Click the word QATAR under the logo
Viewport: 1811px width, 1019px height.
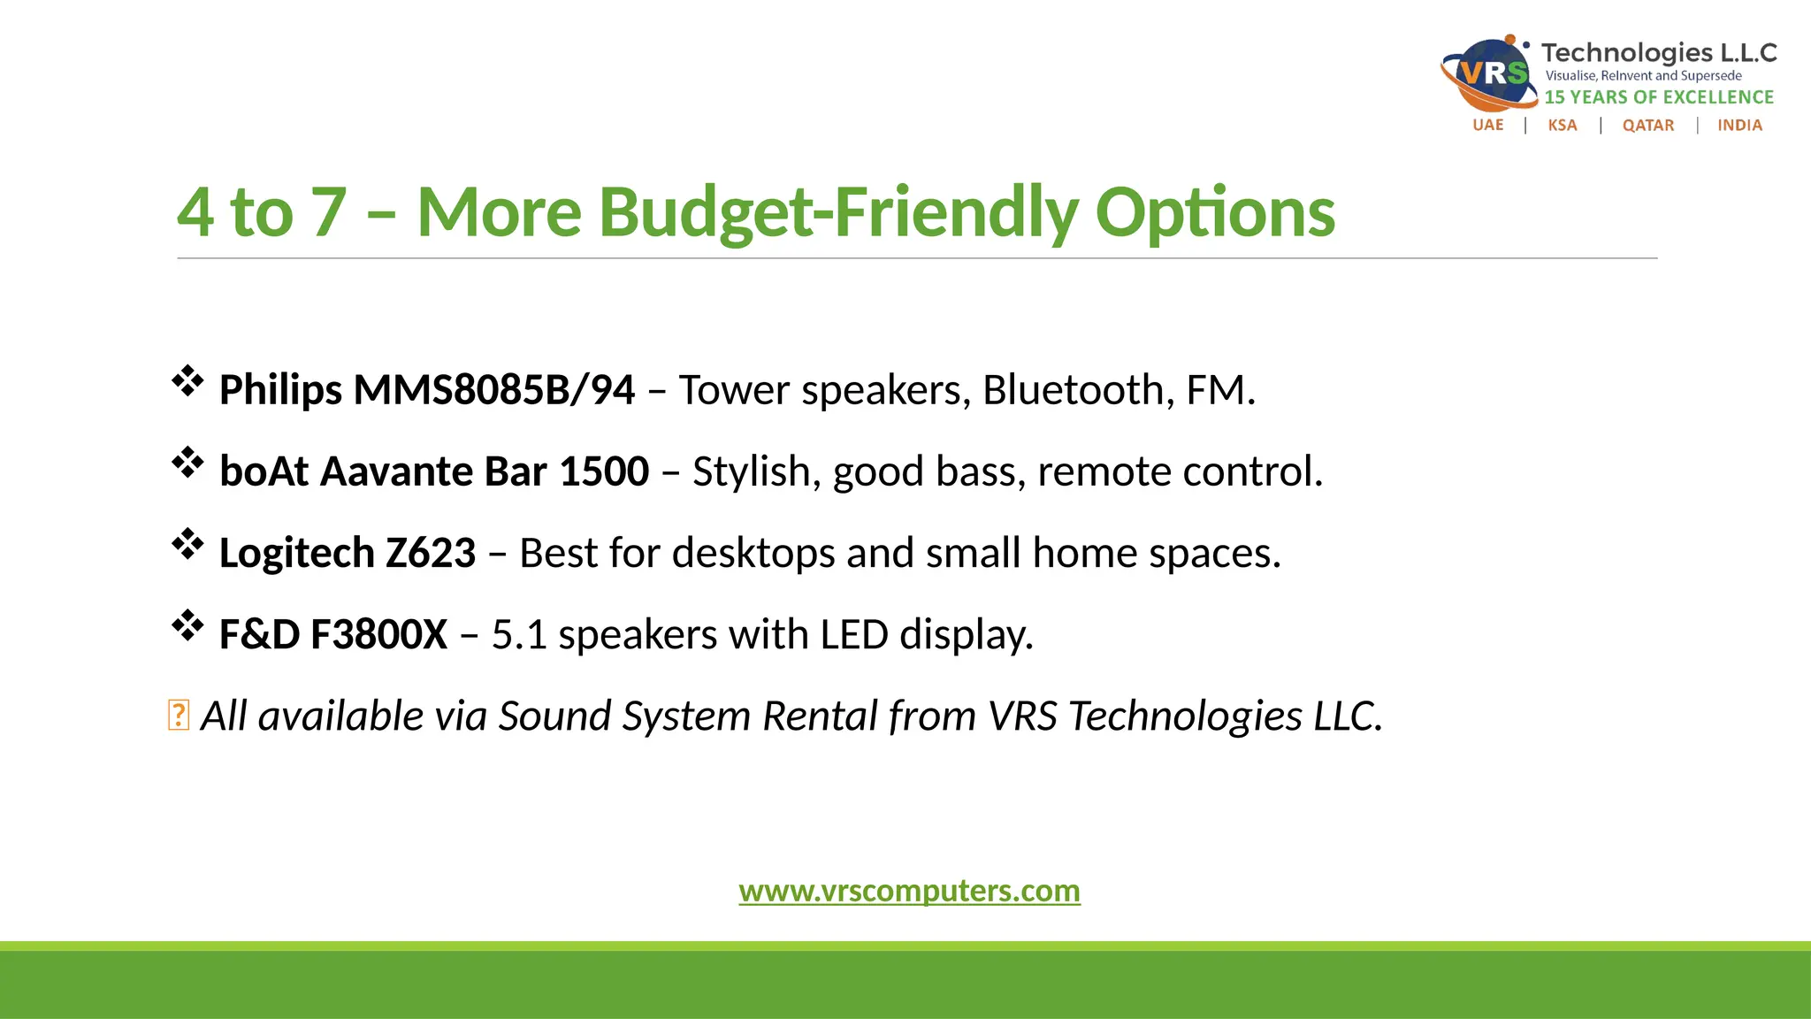(1647, 126)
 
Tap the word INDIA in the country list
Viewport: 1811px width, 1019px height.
(1739, 126)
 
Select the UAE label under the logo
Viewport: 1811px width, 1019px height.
(1487, 126)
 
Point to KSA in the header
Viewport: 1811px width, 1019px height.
(1562, 126)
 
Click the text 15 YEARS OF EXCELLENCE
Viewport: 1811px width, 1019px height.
(1659, 97)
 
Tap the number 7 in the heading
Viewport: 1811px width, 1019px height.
(329, 213)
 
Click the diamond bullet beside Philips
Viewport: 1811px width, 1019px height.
(187, 381)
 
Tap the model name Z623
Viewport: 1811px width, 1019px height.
(431, 554)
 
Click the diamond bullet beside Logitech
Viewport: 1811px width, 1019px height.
(187, 544)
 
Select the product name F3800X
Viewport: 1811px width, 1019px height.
(378, 635)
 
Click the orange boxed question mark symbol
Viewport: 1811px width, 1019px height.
(178, 716)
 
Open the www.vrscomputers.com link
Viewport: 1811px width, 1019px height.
(909, 891)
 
